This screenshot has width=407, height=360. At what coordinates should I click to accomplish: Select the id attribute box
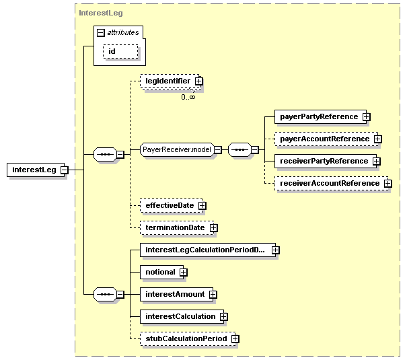pos(120,51)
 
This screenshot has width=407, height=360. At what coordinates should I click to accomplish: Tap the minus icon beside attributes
pos(101,33)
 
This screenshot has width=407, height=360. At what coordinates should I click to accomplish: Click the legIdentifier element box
pos(170,81)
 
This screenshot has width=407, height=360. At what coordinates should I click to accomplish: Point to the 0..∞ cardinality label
pos(188,98)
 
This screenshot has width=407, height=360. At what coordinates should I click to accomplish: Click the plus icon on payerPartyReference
pos(366,117)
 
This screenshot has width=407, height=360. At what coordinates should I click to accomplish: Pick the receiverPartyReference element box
pos(326,161)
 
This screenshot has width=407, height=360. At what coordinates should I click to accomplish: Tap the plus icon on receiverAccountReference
pos(387,184)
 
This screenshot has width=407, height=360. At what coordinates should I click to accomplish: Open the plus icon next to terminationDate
pos(213,228)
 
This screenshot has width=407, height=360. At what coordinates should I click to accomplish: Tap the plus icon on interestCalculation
pos(223,317)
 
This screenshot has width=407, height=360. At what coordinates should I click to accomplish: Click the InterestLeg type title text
pos(101,13)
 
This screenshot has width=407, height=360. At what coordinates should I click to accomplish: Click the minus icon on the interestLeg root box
pos(64,170)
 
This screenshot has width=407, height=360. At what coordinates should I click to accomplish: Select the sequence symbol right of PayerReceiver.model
pos(240,150)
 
